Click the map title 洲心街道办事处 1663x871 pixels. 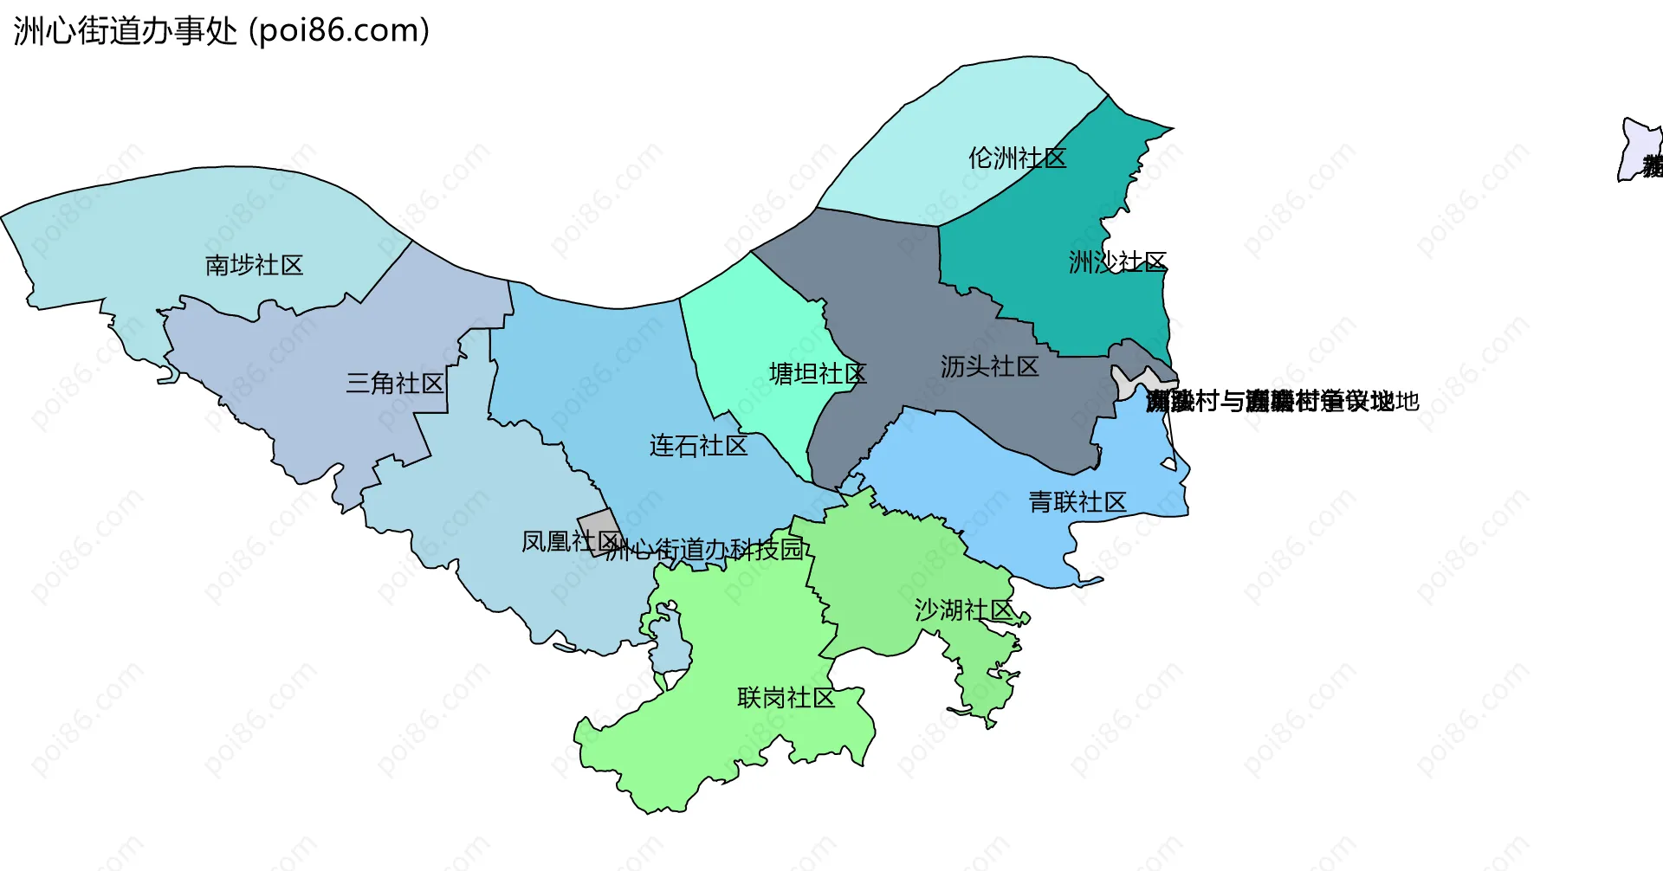[126, 31]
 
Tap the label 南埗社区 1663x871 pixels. [254, 265]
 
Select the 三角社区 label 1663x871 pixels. [395, 383]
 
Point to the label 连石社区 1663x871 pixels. [698, 446]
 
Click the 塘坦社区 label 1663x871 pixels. [818, 374]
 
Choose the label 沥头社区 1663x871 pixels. [989, 367]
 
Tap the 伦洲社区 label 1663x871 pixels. [1017, 158]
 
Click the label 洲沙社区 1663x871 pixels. [1117, 261]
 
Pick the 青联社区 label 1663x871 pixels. [1077, 502]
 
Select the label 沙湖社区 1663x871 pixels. [963, 610]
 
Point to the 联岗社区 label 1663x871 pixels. [786, 698]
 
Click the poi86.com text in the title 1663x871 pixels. [340, 31]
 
